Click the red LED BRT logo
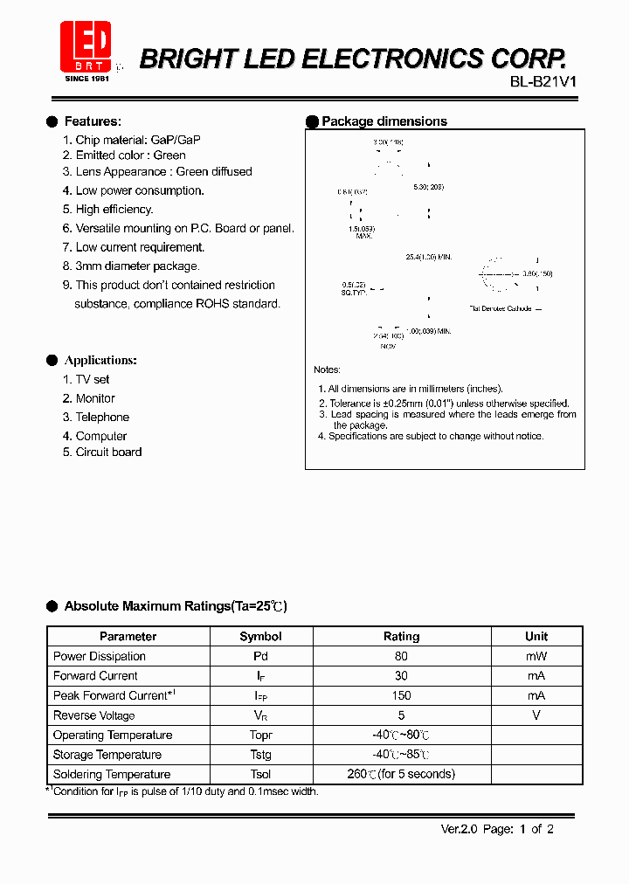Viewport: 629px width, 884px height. pos(85,48)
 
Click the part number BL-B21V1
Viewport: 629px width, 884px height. pos(543,82)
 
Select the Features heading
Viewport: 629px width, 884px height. pos(93,121)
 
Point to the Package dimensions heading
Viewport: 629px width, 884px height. pos(384,121)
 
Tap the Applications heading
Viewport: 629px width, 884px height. pos(100,360)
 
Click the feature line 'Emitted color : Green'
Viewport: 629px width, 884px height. pos(130,155)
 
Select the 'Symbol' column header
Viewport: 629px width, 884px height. pos(260,637)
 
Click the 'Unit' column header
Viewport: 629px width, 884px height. pos(536,637)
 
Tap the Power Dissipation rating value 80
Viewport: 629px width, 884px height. pos(402,656)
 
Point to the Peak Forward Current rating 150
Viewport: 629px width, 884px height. pos(402,695)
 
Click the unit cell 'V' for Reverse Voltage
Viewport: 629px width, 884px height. pos(536,715)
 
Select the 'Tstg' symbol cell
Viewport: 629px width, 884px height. pos(260,755)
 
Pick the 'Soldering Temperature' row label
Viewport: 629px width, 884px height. pos(112,774)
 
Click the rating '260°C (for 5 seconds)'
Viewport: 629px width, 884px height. pos(401,774)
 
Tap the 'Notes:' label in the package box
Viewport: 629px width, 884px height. pos(328,370)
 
